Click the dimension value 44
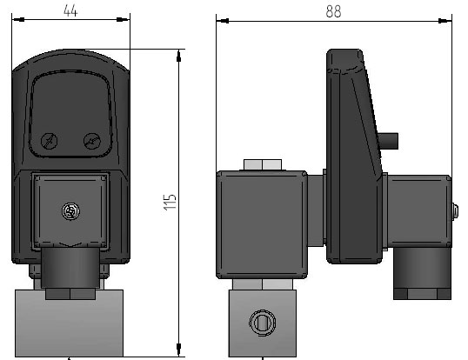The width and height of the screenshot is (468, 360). [70, 11]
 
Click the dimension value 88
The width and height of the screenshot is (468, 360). [333, 12]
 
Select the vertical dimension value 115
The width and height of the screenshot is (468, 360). [170, 203]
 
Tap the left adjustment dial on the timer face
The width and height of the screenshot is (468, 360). [49, 141]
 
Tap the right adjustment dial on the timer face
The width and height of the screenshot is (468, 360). [92, 141]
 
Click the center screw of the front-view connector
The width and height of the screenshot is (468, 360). [70, 211]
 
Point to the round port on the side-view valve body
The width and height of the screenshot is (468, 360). [263, 323]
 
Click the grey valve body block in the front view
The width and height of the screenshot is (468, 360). [69, 323]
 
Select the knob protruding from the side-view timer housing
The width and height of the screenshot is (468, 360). [388, 141]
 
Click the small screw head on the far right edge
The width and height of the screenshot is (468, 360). [455, 211]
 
